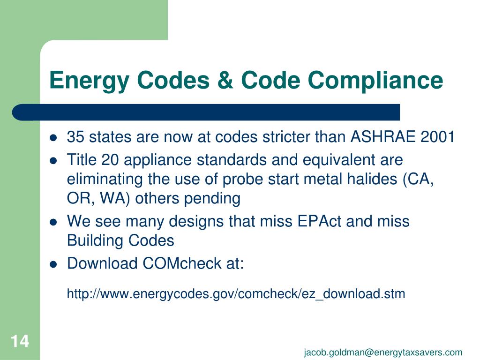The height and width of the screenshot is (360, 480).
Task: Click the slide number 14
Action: point(20,341)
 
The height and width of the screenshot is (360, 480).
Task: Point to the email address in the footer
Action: point(382,352)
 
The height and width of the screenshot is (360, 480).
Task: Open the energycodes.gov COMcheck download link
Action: point(236,294)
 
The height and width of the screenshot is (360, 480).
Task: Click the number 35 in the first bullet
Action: point(76,137)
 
